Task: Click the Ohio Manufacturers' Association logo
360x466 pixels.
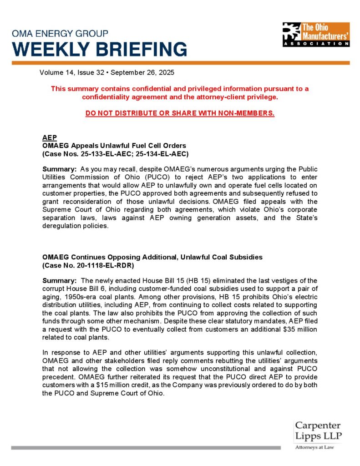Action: click(316, 34)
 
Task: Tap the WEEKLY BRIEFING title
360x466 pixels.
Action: click(99, 49)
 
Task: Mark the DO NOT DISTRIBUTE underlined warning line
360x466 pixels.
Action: click(180, 113)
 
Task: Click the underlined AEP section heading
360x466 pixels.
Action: click(48, 138)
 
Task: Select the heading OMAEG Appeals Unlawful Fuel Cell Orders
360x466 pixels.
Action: click(114, 146)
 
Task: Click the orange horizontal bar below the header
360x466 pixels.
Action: click(180, 62)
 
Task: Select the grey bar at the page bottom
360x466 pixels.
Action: click(146, 448)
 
